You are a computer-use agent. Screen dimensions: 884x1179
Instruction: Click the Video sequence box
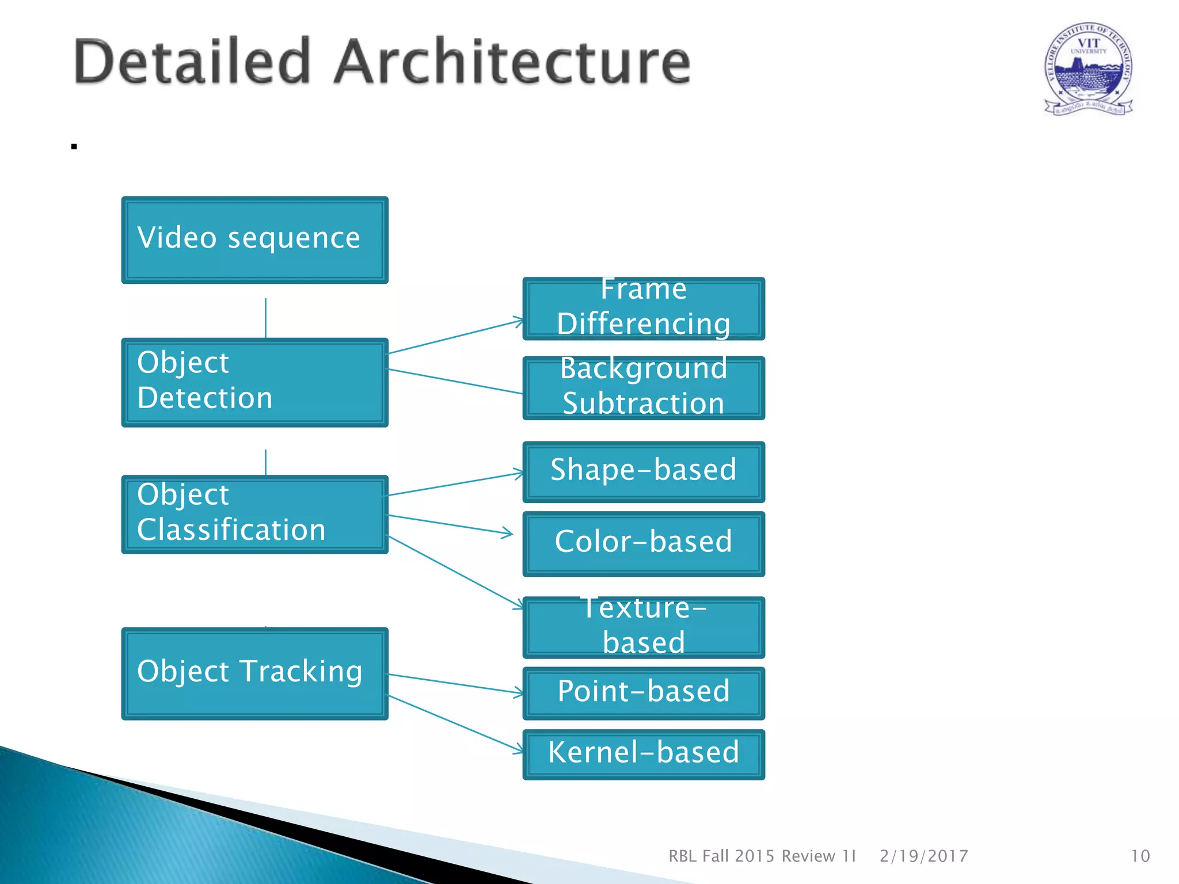[x=254, y=240]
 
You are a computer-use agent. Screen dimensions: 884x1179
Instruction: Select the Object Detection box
[x=254, y=382]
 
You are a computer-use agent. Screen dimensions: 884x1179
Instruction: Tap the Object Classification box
[x=254, y=514]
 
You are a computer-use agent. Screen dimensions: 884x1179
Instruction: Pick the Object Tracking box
[x=254, y=673]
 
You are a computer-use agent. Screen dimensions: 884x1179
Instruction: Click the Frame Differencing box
[x=644, y=309]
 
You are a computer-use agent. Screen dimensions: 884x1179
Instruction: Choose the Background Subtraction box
[x=644, y=388]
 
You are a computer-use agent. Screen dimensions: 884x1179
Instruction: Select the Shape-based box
[x=644, y=471]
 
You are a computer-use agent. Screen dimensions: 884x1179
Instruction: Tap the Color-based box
[x=644, y=543]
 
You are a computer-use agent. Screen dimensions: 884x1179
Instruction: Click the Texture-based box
[x=644, y=627]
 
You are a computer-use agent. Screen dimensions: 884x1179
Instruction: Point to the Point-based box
[x=644, y=693]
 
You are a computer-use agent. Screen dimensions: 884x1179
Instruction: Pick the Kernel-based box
[x=644, y=754]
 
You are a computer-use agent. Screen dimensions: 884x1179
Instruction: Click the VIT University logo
[x=1088, y=69]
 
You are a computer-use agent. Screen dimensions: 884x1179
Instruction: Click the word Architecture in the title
[x=512, y=62]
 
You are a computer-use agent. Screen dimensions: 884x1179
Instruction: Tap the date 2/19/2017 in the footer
[x=923, y=856]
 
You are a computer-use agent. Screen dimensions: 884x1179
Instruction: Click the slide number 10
[x=1140, y=856]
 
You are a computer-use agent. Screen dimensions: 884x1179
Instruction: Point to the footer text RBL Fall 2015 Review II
[x=762, y=856]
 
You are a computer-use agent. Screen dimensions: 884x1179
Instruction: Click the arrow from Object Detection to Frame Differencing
[x=455, y=336]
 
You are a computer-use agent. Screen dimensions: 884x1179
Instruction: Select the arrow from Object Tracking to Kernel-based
[x=455, y=723]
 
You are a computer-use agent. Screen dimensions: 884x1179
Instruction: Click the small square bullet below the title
[x=74, y=147]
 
